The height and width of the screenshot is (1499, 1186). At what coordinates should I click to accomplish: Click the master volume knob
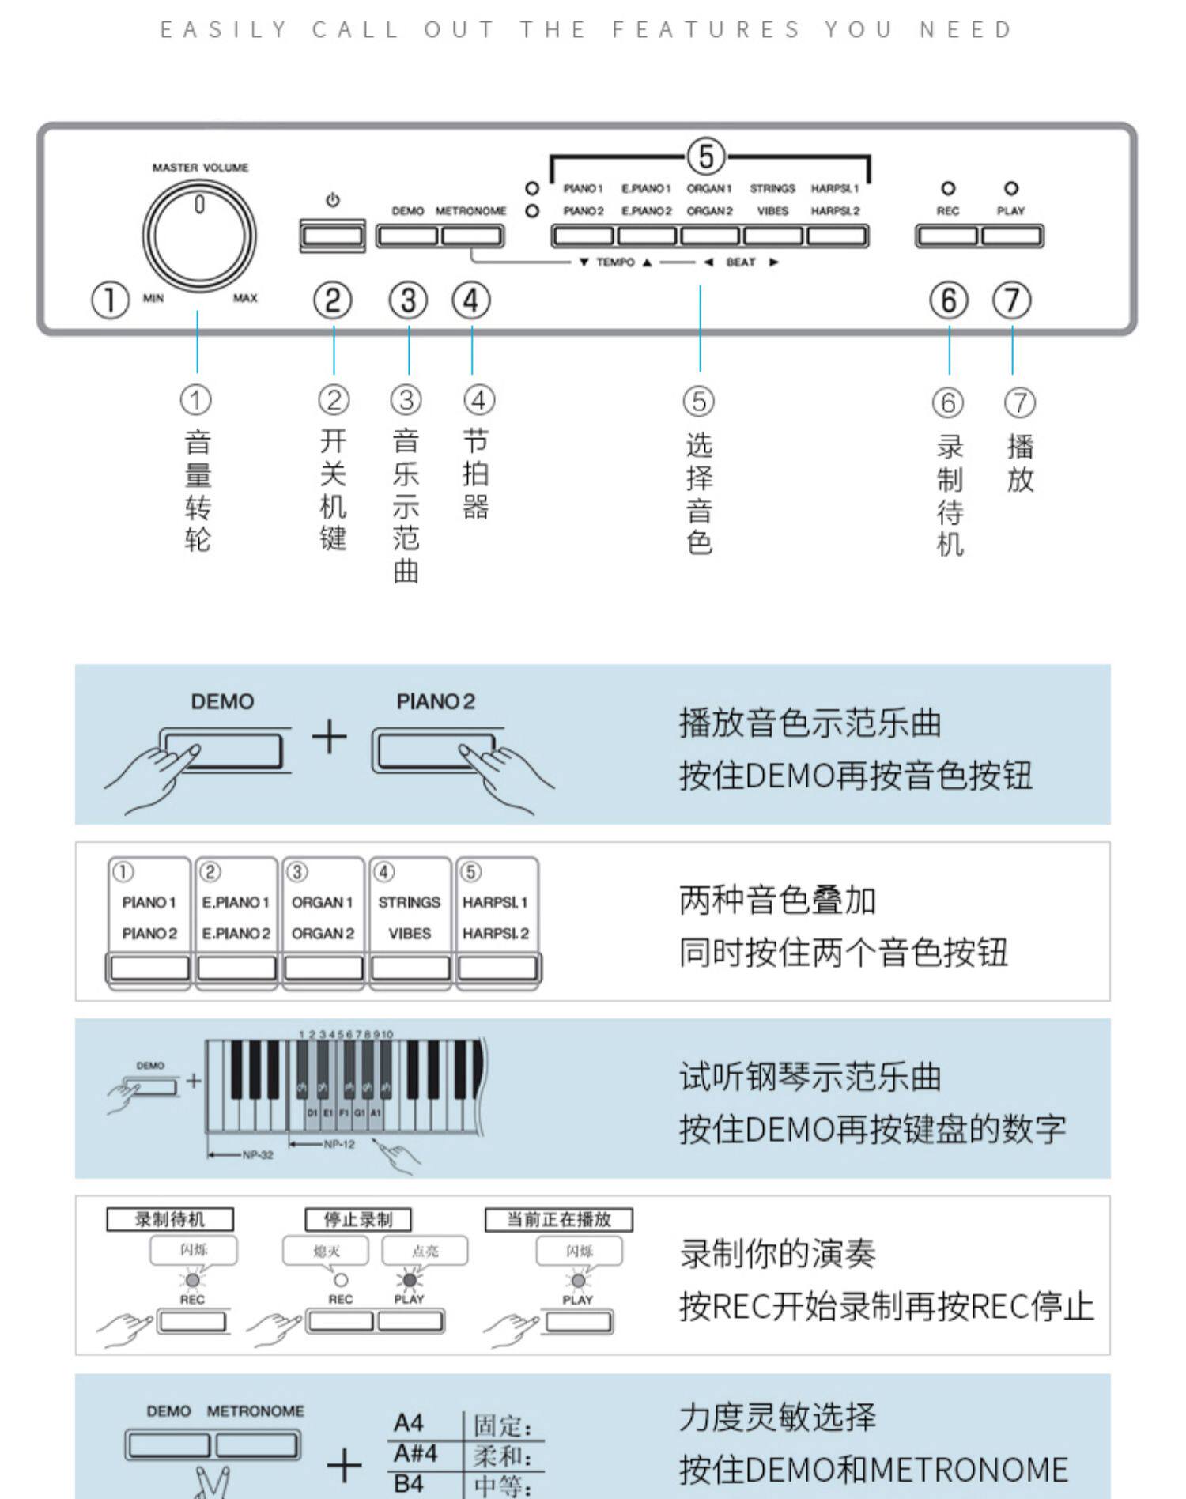199,236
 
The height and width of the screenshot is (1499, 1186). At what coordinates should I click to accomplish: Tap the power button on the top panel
333,236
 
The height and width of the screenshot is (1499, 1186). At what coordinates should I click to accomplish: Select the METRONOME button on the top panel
471,236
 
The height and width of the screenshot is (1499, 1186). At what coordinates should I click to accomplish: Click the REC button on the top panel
948,236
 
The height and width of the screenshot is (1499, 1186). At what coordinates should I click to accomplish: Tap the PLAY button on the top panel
1011,236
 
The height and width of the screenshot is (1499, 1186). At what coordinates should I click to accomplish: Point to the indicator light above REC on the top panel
948,189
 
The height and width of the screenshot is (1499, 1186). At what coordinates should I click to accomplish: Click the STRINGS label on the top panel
772,189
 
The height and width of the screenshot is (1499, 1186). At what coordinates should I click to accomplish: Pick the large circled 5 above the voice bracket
706,156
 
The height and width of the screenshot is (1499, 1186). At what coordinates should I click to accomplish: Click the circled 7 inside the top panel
1012,300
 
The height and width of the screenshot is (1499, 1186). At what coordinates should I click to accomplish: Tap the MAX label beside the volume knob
245,298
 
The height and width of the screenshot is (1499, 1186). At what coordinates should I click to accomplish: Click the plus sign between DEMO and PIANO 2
330,738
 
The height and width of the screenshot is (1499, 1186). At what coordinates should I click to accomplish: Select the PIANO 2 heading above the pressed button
436,702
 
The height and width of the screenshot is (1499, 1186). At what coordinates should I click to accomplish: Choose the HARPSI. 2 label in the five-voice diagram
496,934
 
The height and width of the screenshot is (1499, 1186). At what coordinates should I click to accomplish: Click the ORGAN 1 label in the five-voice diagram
323,903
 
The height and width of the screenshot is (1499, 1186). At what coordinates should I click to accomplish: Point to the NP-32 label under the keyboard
258,1155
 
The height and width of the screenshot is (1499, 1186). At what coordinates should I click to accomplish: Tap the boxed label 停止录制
358,1219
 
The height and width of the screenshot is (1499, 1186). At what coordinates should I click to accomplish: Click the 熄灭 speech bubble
326,1251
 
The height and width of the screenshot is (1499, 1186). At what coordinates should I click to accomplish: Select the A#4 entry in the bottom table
416,1453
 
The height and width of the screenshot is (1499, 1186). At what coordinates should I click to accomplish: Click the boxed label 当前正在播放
559,1219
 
